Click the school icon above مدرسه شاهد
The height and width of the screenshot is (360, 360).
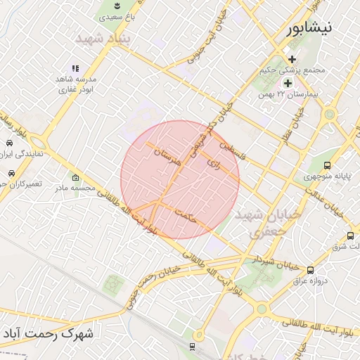[x=75, y=68]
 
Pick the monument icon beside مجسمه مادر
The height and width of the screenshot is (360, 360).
[x=76, y=177]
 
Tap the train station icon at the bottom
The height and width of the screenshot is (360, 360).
[x=192, y=347]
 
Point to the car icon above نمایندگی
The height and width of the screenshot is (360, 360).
[x=9, y=143]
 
